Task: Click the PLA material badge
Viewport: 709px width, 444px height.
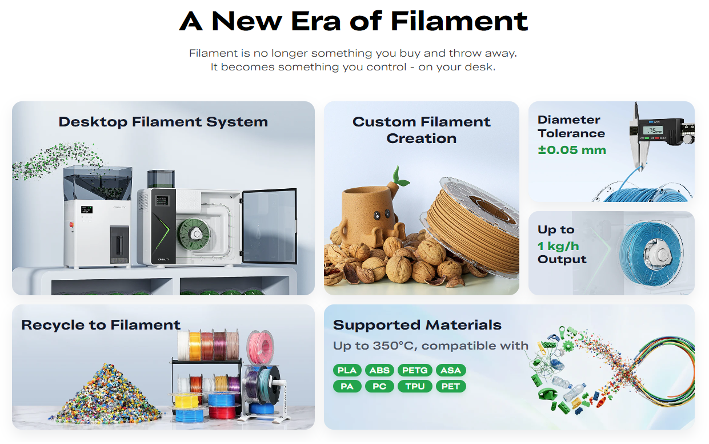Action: click(x=347, y=370)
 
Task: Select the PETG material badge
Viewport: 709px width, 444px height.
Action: click(x=415, y=370)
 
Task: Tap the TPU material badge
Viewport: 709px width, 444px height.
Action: click(x=415, y=386)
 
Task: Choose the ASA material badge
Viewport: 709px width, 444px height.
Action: click(x=451, y=370)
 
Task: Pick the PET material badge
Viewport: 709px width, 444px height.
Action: click(x=451, y=386)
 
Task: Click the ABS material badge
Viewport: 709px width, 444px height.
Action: click(x=379, y=370)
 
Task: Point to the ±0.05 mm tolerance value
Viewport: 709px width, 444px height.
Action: click(x=572, y=150)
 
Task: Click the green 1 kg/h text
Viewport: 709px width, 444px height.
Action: click(x=558, y=246)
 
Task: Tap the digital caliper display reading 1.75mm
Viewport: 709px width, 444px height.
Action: click(x=652, y=130)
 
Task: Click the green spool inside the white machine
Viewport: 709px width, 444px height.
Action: click(x=194, y=234)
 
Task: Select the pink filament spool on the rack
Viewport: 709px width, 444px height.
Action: click(x=260, y=347)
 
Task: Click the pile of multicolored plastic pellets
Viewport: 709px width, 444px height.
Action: click(x=107, y=395)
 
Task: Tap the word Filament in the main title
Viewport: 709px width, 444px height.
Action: click(x=459, y=21)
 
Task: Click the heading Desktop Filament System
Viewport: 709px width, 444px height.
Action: click(x=163, y=122)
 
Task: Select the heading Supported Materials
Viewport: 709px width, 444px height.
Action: click(x=417, y=325)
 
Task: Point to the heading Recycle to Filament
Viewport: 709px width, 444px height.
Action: click(x=101, y=325)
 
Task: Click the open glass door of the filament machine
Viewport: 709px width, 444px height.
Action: click(x=269, y=226)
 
